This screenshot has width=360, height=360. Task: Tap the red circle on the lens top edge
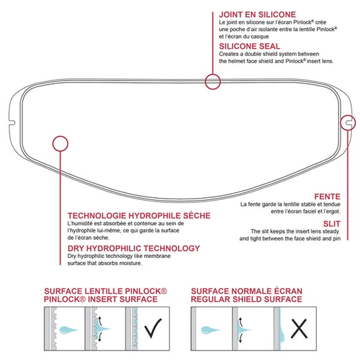click(x=213, y=82)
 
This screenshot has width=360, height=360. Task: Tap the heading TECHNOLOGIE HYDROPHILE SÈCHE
click(x=138, y=215)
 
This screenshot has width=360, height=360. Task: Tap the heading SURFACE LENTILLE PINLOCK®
click(x=105, y=290)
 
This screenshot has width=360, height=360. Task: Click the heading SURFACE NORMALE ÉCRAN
click(x=246, y=290)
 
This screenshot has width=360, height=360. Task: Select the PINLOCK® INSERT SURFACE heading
click(x=101, y=298)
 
